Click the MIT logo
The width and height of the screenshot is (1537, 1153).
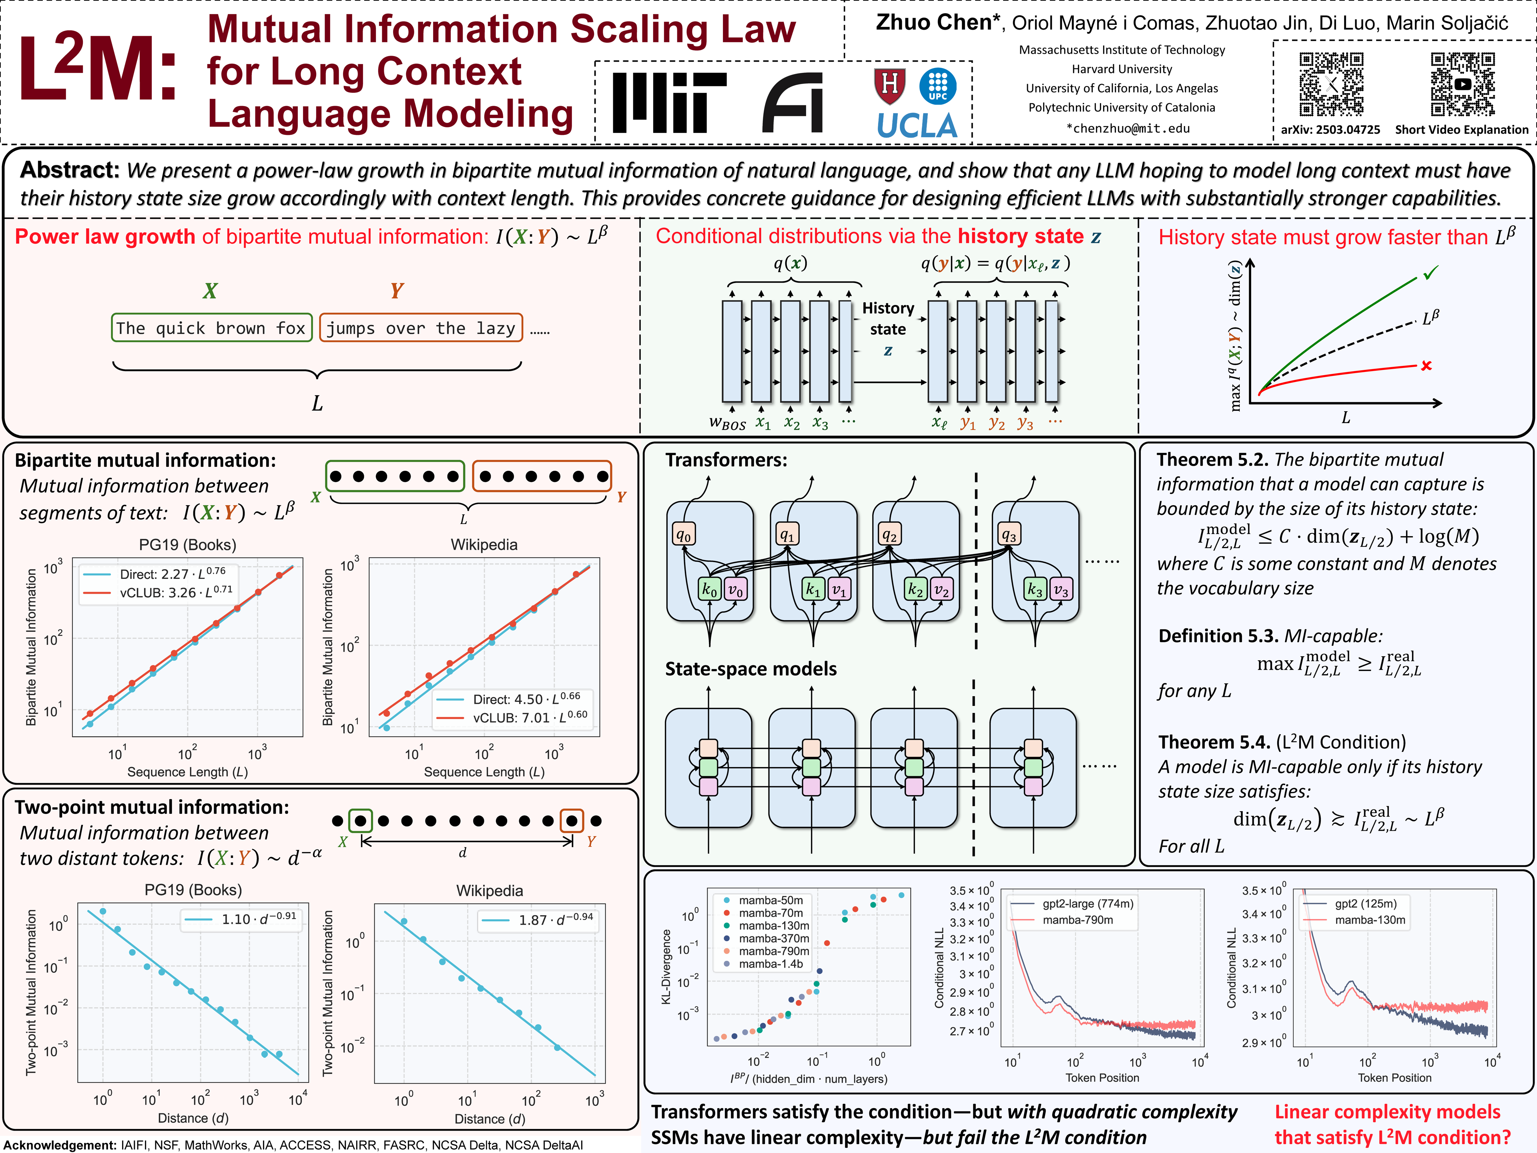tap(668, 102)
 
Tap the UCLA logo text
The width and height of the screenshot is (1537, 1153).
tap(917, 126)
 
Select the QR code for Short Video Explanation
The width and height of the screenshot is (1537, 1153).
tap(1462, 84)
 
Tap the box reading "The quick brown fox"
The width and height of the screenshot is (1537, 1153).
tap(211, 328)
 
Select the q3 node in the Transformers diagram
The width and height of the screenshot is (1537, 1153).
tap(1009, 534)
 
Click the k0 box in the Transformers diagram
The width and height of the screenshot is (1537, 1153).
tap(709, 589)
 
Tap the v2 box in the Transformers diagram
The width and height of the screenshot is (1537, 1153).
tap(941, 589)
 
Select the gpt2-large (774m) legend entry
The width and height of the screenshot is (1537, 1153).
tap(1088, 904)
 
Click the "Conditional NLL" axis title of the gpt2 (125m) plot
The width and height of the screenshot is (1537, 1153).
tap(1231, 967)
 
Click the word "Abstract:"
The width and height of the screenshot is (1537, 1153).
tap(70, 170)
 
